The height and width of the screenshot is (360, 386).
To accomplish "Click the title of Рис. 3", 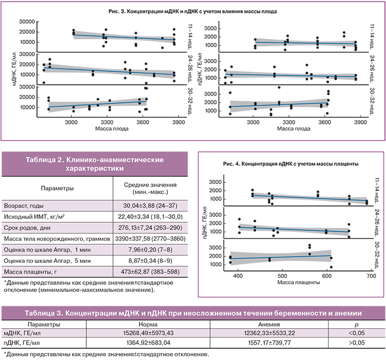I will (x=193, y=10).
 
